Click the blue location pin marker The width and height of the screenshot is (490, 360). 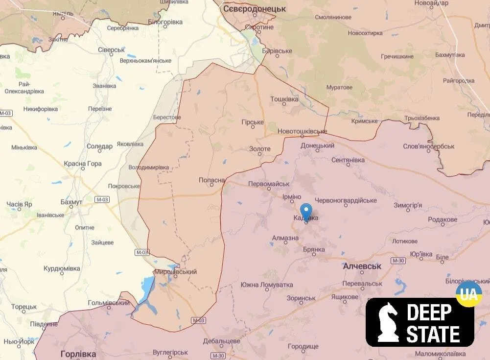pos(306,212)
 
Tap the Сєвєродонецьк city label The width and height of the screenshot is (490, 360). pos(254,9)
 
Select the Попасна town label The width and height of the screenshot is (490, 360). pos(212,180)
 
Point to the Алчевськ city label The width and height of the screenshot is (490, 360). pos(362,266)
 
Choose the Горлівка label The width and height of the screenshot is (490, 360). pos(78,353)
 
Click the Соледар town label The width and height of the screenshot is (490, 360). pos(99,146)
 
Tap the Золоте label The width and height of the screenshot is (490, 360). pos(259,149)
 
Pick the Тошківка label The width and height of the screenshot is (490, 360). pos(284,99)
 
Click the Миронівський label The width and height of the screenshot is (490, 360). pos(175,272)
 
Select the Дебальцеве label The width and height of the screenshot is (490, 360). pos(221,341)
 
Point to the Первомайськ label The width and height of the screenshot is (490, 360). pos(269,184)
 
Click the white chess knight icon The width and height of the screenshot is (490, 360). pos(388,321)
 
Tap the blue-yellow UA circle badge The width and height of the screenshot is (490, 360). pos(468,294)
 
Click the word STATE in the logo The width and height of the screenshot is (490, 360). pos(433,335)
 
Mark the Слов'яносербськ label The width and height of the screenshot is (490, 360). pos(429,146)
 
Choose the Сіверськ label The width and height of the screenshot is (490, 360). pos(111,50)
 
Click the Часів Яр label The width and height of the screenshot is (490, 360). pos(19,204)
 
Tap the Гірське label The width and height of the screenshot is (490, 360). pos(253,122)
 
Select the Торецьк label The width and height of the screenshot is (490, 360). pos(24,307)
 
